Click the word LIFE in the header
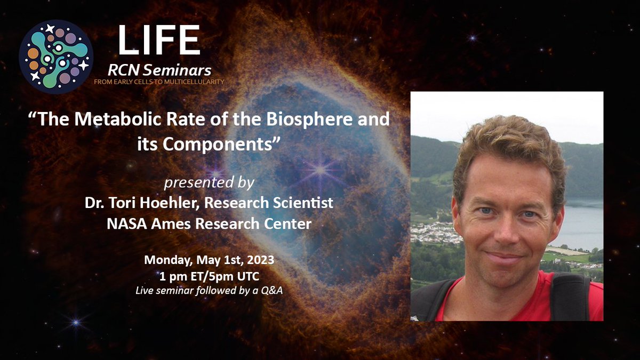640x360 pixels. (159, 39)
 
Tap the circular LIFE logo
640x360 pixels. (56, 57)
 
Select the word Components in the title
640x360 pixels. (217, 145)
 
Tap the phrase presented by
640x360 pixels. (209, 183)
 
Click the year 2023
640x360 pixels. (261, 260)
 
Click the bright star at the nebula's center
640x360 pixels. (320, 171)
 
